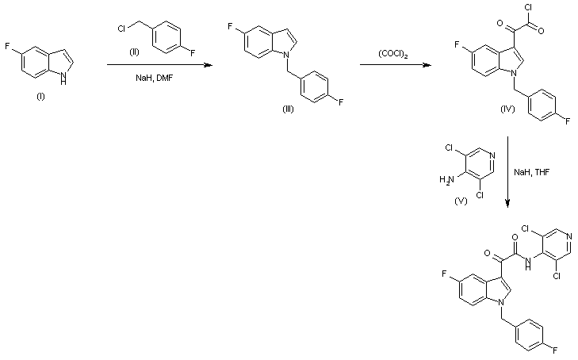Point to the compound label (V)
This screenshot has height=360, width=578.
coord(459,202)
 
